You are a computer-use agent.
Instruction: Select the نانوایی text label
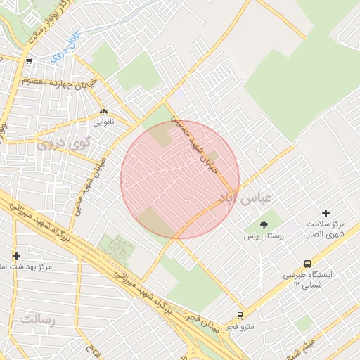(103, 122)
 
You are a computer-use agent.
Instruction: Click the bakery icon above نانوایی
(103, 111)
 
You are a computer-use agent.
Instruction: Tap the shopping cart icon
(28, 62)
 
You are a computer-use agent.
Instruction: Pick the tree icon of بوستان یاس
(264, 225)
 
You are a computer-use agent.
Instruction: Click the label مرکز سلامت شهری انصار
(326, 229)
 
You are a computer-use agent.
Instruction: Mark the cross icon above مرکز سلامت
(326, 213)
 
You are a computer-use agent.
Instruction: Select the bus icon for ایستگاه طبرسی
(307, 264)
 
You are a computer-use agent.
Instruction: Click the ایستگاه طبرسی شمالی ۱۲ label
(307, 280)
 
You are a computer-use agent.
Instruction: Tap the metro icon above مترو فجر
(240, 316)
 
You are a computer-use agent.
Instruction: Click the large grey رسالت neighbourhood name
(37, 320)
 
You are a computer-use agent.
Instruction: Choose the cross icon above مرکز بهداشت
(16, 256)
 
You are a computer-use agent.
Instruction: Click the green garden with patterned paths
(117, 247)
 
